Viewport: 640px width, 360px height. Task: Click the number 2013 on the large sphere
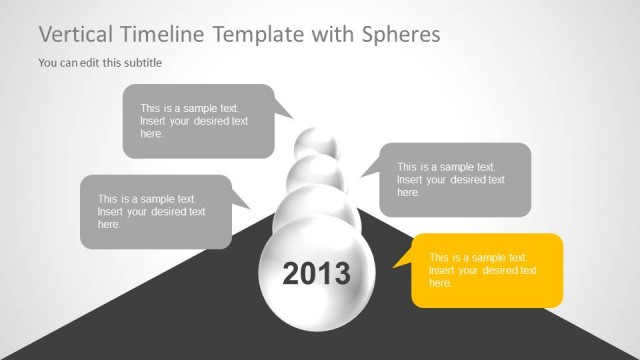click(x=316, y=273)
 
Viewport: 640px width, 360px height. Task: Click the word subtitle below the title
click(x=141, y=63)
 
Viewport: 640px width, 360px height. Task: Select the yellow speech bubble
click(x=487, y=270)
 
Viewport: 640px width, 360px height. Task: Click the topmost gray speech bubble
click(x=198, y=121)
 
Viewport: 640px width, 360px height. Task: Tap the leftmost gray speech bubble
click(x=155, y=211)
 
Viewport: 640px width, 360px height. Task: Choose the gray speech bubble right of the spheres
click(x=455, y=180)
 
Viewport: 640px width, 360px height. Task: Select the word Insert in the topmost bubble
click(x=154, y=121)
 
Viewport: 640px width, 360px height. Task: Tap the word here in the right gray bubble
click(x=408, y=192)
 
